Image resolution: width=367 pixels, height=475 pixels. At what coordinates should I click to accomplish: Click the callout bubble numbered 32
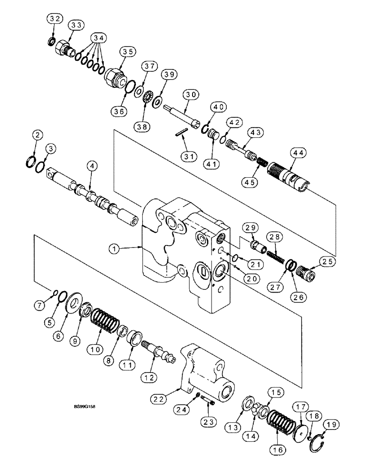[x=55, y=19]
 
